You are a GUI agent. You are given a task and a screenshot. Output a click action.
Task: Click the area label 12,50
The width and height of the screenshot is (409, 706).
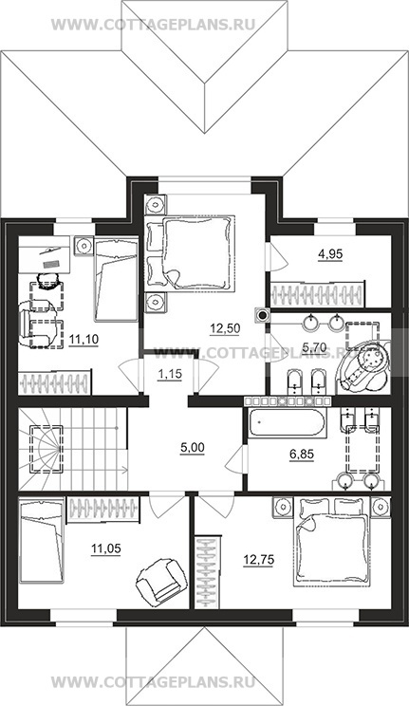[225, 328]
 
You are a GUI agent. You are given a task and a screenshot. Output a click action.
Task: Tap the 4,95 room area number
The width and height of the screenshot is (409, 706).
[330, 254]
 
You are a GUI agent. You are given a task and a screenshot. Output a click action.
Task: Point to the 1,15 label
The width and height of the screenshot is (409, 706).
[169, 374]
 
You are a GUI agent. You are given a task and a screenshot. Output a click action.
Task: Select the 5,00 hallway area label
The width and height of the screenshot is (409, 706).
[192, 448]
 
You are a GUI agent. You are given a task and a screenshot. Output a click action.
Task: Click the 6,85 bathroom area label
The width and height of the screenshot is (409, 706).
[302, 455]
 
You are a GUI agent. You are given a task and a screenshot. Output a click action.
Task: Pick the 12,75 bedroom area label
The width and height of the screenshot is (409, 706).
[258, 560]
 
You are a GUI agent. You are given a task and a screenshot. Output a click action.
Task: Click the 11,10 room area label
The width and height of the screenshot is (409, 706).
[84, 338]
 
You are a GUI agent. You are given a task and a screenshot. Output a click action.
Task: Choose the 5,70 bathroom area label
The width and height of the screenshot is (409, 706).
[314, 346]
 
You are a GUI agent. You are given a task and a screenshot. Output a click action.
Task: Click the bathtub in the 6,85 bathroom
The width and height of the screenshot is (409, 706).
[286, 424]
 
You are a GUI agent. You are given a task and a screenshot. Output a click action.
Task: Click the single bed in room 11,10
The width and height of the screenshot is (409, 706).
[116, 279]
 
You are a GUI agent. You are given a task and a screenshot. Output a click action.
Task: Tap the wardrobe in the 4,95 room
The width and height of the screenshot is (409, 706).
[318, 294]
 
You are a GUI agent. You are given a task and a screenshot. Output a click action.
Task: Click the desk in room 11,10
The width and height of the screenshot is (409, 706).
[45, 254]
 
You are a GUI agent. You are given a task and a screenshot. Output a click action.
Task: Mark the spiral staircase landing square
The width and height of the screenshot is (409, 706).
[46, 449]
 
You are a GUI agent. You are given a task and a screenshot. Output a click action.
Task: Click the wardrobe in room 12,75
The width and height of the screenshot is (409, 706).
[208, 571]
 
